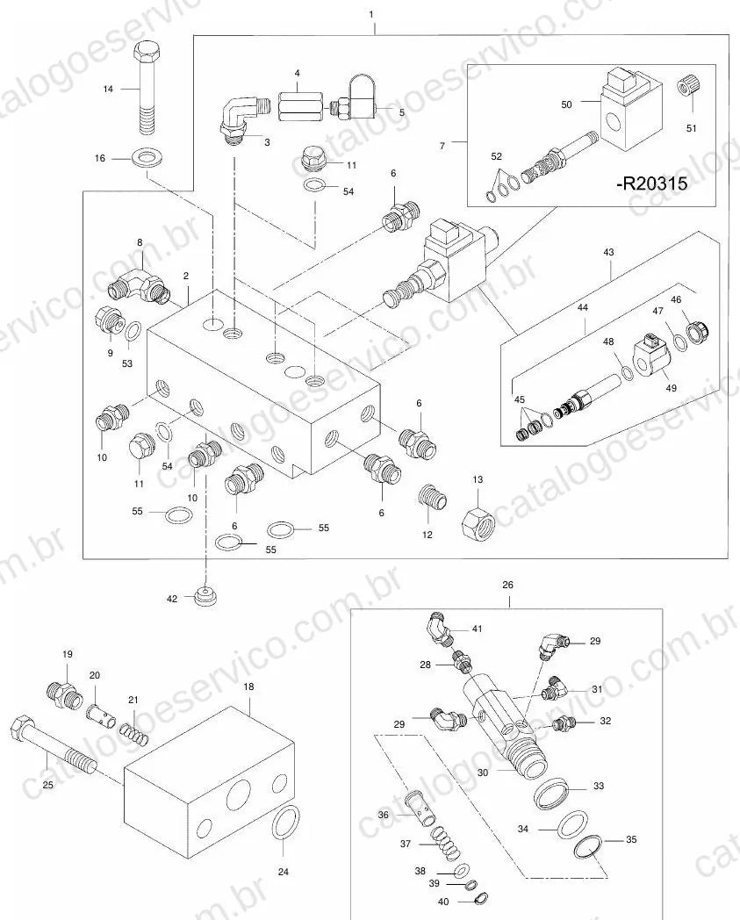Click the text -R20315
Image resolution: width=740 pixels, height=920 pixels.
click(651, 183)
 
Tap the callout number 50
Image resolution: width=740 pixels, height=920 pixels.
click(566, 104)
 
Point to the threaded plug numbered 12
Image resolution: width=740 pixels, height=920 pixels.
click(434, 498)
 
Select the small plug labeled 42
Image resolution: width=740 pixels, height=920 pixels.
click(205, 595)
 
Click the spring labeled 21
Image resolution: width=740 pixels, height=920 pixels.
click(134, 731)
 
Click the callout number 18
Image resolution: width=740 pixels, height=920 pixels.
click(248, 686)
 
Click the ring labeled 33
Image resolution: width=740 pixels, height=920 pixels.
click(551, 793)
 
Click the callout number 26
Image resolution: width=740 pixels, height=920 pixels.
click(507, 585)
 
